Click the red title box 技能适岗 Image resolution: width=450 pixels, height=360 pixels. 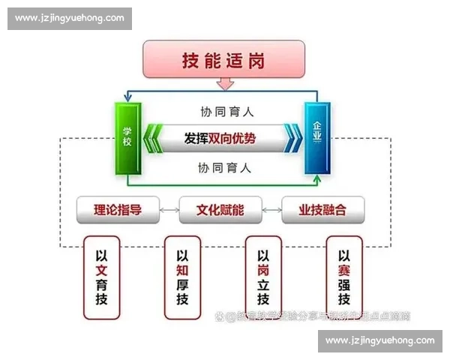[223, 60]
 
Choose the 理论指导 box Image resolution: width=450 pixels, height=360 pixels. [118, 209]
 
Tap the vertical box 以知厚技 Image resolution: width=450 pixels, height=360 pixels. [182, 277]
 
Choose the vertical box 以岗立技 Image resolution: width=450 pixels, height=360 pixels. [263, 277]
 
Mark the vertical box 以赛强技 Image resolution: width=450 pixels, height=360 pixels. [344, 277]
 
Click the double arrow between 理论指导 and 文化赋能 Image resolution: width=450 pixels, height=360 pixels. [169, 210]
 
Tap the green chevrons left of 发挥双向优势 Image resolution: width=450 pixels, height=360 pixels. [154, 139]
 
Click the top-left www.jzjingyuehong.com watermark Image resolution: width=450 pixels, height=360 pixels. [69, 18]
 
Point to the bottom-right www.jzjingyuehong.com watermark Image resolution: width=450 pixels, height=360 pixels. [380, 340]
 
